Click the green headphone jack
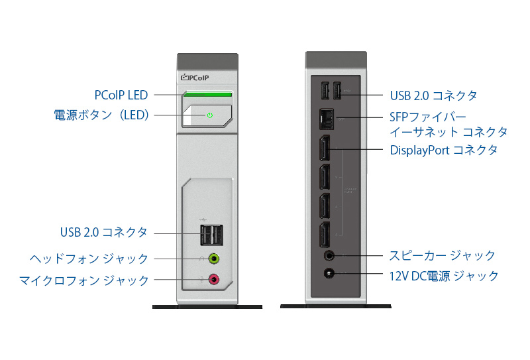[214, 259]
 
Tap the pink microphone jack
[214, 280]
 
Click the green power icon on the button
[209, 115]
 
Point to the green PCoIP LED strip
[208, 95]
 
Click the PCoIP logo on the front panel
[197, 78]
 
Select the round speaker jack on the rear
[328, 255]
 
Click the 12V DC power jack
[328, 273]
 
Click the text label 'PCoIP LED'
[121, 95]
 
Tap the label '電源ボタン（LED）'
[103, 115]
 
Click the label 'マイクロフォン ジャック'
[84, 280]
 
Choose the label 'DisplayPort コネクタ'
[443, 150]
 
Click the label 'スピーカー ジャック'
[443, 255]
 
